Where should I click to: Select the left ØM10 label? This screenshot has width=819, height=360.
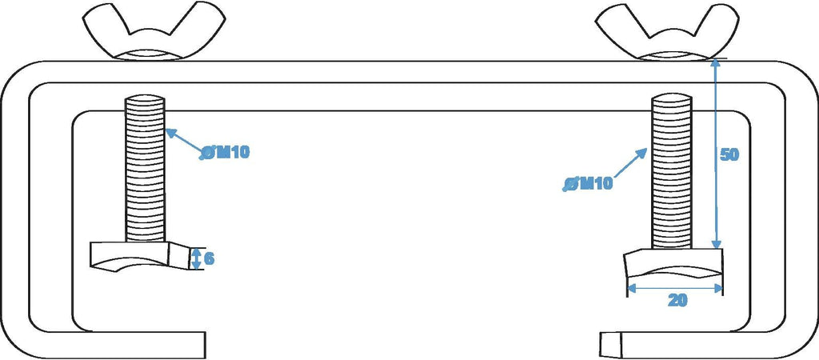(x=225, y=153)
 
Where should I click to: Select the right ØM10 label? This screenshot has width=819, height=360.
(x=588, y=184)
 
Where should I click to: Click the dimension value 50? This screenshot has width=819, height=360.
(x=729, y=155)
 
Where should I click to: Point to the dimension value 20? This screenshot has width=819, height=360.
(x=677, y=300)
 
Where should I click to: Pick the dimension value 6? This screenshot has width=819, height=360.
(x=209, y=258)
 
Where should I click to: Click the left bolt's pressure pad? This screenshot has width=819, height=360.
(x=141, y=255)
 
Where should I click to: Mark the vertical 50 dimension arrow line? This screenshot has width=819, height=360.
(x=717, y=154)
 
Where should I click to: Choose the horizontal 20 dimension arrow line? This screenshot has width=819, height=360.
(x=675, y=287)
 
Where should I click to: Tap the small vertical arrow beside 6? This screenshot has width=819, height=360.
(x=196, y=258)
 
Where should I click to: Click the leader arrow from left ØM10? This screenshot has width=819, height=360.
(x=185, y=141)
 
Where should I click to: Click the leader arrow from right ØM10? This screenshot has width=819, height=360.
(x=630, y=163)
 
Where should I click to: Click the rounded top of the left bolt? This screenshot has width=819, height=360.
(x=145, y=98)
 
